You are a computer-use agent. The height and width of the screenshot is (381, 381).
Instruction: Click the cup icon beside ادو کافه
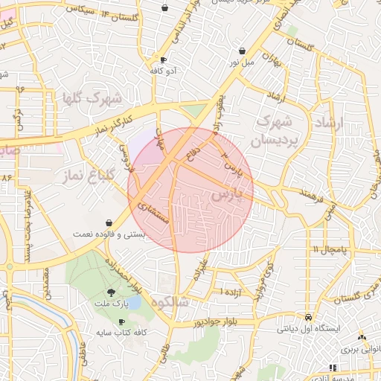click(x=163, y=60)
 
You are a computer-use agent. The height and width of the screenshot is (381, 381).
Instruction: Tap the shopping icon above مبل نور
click(x=243, y=51)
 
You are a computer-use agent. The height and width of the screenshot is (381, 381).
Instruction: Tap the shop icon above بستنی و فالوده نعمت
click(x=110, y=222)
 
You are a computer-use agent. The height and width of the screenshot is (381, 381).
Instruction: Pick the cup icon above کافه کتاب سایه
click(x=121, y=321)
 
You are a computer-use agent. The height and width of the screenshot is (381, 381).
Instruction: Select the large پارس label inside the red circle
click(x=227, y=195)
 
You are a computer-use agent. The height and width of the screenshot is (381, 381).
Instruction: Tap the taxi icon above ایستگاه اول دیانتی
click(x=298, y=315)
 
